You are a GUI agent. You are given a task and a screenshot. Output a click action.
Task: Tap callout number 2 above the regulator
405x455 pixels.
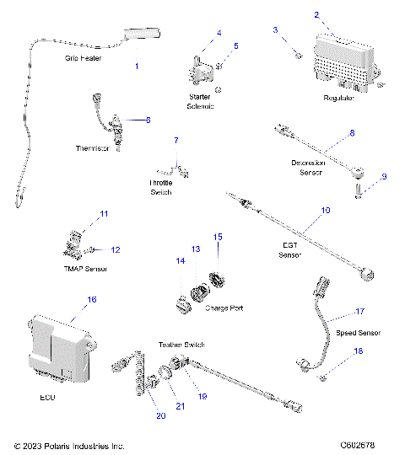pos(316,14)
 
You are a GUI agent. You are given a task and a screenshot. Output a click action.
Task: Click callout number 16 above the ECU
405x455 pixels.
pos(92,299)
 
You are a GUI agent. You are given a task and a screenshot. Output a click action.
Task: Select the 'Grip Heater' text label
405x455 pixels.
pos(84,59)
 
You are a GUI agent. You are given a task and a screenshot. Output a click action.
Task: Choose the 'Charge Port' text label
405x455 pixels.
pos(224,308)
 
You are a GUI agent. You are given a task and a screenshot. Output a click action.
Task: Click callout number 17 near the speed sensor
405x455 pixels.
pos(359,311)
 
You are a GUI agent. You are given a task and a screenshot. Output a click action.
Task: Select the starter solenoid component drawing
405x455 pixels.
pos(202,64)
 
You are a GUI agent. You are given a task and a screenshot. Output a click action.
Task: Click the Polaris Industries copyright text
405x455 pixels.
pos(69,445)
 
